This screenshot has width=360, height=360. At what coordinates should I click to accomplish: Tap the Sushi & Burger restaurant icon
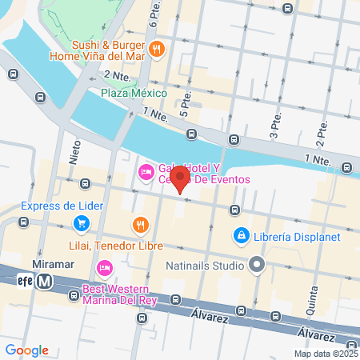point(158,47)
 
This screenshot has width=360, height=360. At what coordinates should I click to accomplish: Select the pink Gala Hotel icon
point(146,171)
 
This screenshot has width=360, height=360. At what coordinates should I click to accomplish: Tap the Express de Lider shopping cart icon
point(81,223)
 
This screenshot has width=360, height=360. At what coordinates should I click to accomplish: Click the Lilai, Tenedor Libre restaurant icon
point(141,224)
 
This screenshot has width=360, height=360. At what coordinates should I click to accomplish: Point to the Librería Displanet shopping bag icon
point(240,236)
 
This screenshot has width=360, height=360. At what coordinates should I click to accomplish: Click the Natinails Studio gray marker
point(257,262)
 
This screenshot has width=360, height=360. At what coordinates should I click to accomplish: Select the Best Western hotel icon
point(103,267)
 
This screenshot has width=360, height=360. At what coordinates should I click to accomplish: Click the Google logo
point(26,350)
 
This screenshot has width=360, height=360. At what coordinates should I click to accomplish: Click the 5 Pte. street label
point(186,105)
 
